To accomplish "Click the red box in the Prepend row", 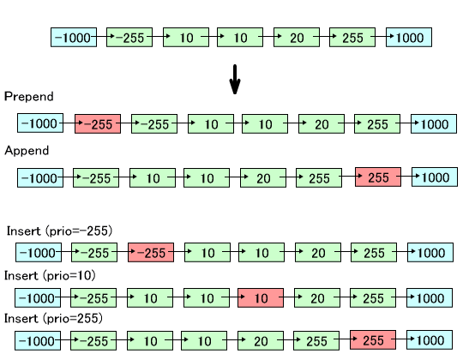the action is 98,124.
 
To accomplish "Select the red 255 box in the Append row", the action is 378,177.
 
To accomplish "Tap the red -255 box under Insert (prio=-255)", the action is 151,252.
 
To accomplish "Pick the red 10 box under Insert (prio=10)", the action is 261,297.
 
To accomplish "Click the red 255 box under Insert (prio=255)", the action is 373,340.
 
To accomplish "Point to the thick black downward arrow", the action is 235,80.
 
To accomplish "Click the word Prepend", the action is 29,97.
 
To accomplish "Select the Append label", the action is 27,151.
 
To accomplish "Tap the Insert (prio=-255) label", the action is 59,231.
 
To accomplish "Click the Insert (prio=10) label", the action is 50,276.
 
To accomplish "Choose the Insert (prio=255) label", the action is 53,318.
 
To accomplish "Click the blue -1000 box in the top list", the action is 74,37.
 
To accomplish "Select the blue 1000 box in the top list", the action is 409,37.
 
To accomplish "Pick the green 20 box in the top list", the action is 297,37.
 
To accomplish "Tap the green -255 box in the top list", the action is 129,37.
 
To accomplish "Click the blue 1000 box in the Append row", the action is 435,177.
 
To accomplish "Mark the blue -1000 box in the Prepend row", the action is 40,123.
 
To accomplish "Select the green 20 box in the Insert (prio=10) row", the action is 317,297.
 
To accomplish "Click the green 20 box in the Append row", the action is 263,178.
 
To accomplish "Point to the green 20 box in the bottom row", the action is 261,340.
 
